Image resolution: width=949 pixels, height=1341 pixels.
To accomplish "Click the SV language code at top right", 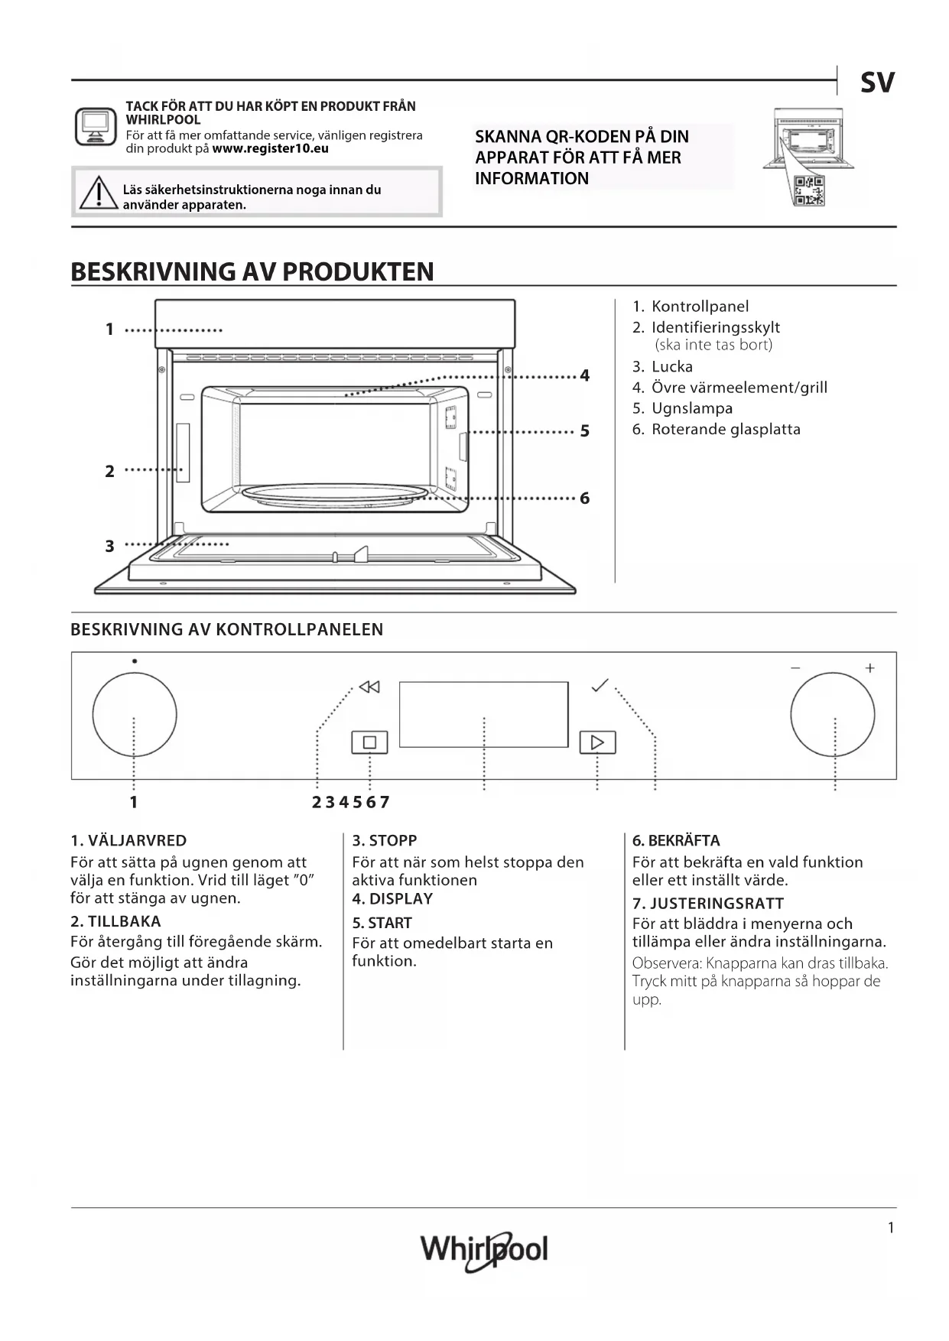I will click(876, 83).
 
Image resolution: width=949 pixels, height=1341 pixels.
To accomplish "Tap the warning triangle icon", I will click(98, 193).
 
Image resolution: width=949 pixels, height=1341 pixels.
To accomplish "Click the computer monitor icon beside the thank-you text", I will click(96, 126).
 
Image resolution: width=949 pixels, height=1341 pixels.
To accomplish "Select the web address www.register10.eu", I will click(270, 148).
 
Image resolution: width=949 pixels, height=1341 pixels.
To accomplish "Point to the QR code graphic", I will click(809, 190).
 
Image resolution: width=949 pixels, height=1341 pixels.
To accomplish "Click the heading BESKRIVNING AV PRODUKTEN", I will click(252, 271).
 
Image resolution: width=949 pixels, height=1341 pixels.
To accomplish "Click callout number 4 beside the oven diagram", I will click(585, 375).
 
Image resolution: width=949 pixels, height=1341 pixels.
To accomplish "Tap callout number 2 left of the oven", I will click(109, 471).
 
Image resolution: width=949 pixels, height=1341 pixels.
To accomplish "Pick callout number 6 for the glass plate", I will click(585, 498).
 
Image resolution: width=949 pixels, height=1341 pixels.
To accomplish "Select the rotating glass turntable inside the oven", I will click(335, 495).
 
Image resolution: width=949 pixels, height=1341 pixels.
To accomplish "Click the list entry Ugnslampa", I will click(691, 408).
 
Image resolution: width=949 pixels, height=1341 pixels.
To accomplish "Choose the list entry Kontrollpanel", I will click(700, 307).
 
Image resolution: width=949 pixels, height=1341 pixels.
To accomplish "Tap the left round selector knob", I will click(135, 715).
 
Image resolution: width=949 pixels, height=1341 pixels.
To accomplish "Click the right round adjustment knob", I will click(833, 715).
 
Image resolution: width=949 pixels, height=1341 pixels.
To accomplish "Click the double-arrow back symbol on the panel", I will click(369, 687).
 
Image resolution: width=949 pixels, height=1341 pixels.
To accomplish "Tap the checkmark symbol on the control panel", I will click(600, 685).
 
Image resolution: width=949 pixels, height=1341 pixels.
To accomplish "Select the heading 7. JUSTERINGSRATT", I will click(707, 903).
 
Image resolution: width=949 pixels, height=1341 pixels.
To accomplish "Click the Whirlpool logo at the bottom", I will click(484, 1250).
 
